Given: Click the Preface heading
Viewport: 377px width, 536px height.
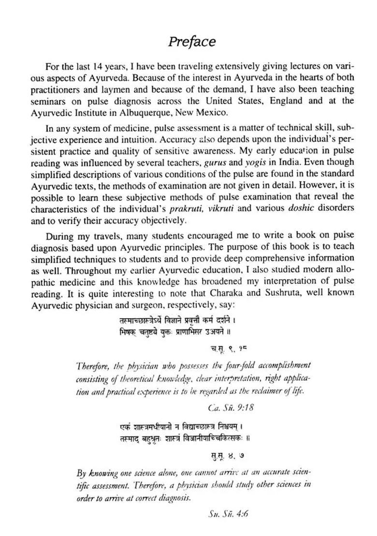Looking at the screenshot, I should (x=192, y=42).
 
